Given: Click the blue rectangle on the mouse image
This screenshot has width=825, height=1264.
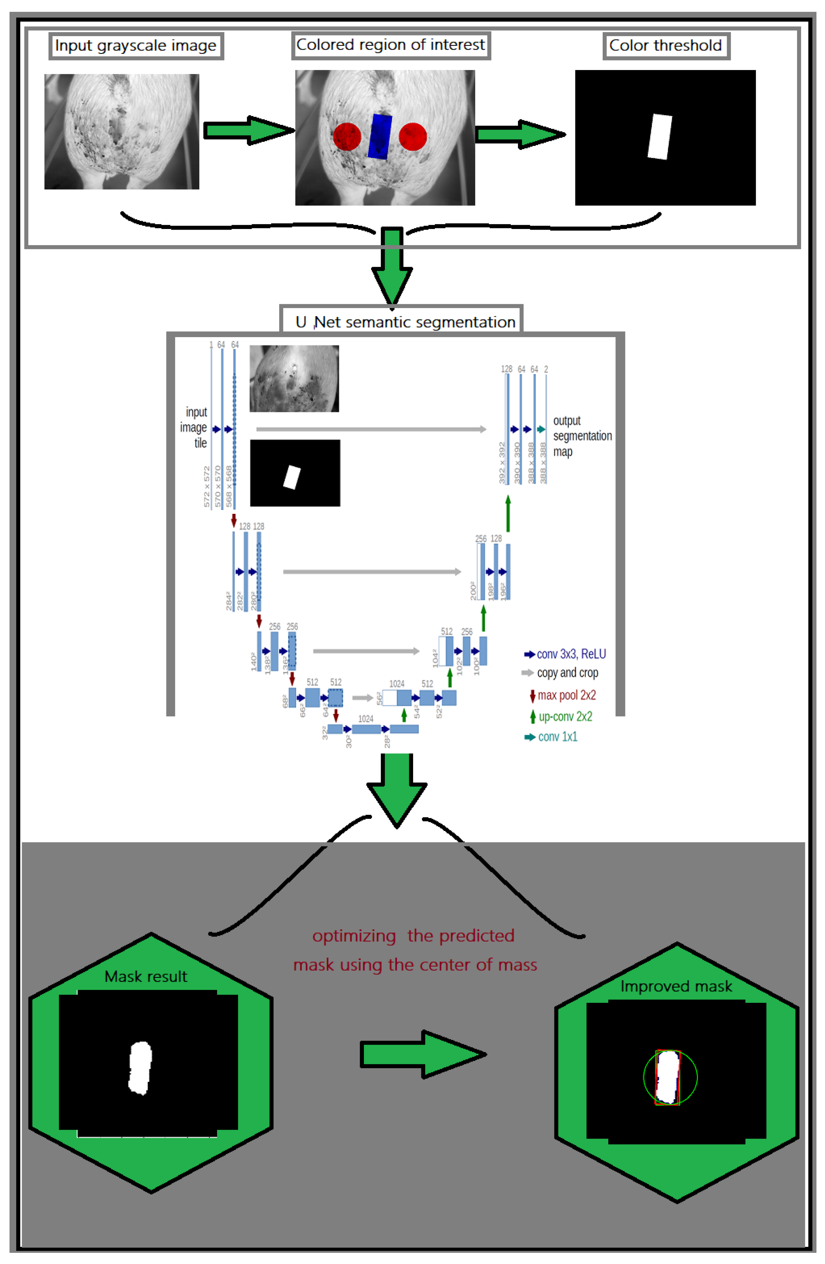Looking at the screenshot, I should [x=380, y=136].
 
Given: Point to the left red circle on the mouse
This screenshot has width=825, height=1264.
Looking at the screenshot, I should [x=347, y=136].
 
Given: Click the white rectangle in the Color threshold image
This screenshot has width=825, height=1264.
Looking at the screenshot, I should [x=660, y=136].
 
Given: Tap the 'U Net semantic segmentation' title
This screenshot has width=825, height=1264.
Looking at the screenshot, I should [x=405, y=322].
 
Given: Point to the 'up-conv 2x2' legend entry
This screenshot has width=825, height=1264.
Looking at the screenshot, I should [x=561, y=717].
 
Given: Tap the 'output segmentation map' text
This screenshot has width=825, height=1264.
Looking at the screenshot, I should [x=582, y=436].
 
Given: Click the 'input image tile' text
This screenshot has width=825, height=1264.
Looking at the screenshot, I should [x=194, y=427].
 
